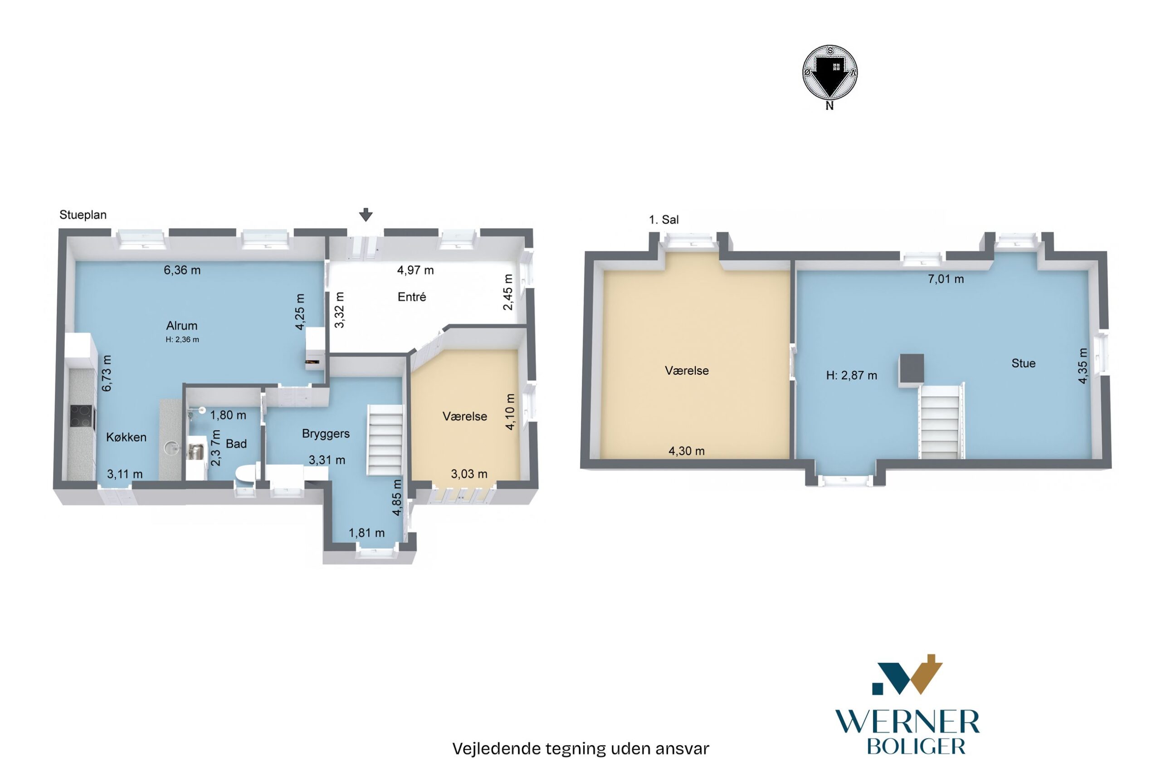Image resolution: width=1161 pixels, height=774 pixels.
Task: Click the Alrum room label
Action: tap(181, 325)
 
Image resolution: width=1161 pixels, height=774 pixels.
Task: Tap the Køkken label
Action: tap(127, 437)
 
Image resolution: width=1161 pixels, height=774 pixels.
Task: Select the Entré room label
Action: tap(411, 297)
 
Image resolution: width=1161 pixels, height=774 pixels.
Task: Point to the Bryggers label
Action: tap(326, 433)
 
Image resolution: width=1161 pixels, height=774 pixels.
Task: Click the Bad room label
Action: tap(236, 444)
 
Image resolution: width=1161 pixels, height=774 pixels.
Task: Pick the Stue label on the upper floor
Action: tap(1023, 363)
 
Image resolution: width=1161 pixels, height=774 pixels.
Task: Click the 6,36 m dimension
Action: tap(182, 270)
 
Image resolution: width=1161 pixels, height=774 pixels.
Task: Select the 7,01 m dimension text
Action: tap(946, 279)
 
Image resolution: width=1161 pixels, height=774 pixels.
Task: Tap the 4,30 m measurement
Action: tap(686, 451)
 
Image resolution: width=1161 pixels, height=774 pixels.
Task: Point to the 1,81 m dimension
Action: tap(366, 533)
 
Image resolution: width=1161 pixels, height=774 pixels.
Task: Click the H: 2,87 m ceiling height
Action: tap(852, 376)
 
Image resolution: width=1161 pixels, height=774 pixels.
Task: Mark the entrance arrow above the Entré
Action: tap(365, 215)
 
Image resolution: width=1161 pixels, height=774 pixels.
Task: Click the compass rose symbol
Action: tap(829, 73)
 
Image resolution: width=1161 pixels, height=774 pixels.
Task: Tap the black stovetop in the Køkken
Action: tap(82, 416)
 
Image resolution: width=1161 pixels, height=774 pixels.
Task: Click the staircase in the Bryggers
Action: tap(385, 439)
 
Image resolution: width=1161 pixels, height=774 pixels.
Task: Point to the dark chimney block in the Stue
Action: tap(911, 369)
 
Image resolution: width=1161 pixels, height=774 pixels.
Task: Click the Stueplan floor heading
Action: tap(83, 215)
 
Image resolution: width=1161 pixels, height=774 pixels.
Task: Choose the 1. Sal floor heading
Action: tap(663, 220)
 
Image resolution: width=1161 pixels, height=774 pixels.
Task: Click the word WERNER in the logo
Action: tap(907, 722)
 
